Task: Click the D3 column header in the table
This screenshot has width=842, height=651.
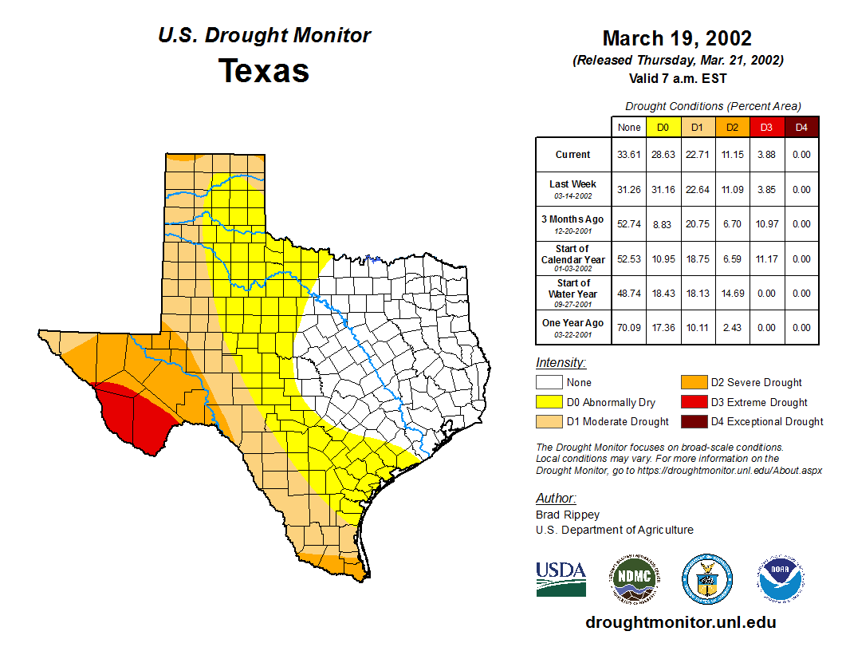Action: pyautogui.click(x=766, y=127)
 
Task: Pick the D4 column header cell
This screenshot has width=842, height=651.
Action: pyautogui.click(x=801, y=127)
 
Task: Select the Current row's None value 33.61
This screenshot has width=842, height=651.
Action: pyautogui.click(x=628, y=155)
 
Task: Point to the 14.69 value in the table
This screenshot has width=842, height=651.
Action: pyautogui.click(x=732, y=294)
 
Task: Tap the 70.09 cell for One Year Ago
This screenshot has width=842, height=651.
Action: pyautogui.click(x=628, y=328)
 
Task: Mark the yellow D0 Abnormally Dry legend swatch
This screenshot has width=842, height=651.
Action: pyautogui.click(x=549, y=402)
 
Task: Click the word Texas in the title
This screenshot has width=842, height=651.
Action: pyautogui.click(x=264, y=71)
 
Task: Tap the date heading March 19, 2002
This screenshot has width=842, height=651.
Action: pyautogui.click(x=677, y=38)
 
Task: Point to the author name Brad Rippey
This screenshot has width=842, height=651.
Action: pyautogui.click(x=567, y=515)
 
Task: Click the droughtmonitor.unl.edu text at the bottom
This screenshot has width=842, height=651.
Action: pyautogui.click(x=681, y=622)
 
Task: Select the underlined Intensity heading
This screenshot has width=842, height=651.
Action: pyautogui.click(x=561, y=363)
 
